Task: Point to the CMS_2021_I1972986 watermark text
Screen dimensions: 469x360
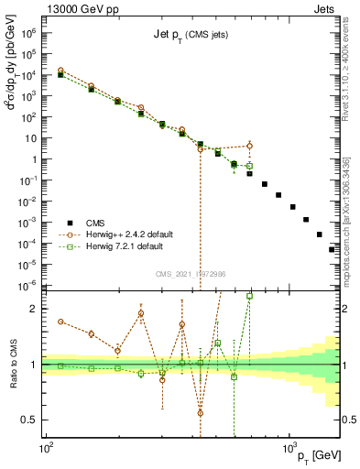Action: (191, 274)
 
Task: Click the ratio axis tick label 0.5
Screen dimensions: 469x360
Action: (27, 420)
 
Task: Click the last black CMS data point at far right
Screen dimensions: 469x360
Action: (333, 248)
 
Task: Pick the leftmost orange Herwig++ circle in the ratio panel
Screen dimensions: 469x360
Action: (60, 322)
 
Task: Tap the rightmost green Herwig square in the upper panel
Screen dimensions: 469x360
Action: (249, 166)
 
